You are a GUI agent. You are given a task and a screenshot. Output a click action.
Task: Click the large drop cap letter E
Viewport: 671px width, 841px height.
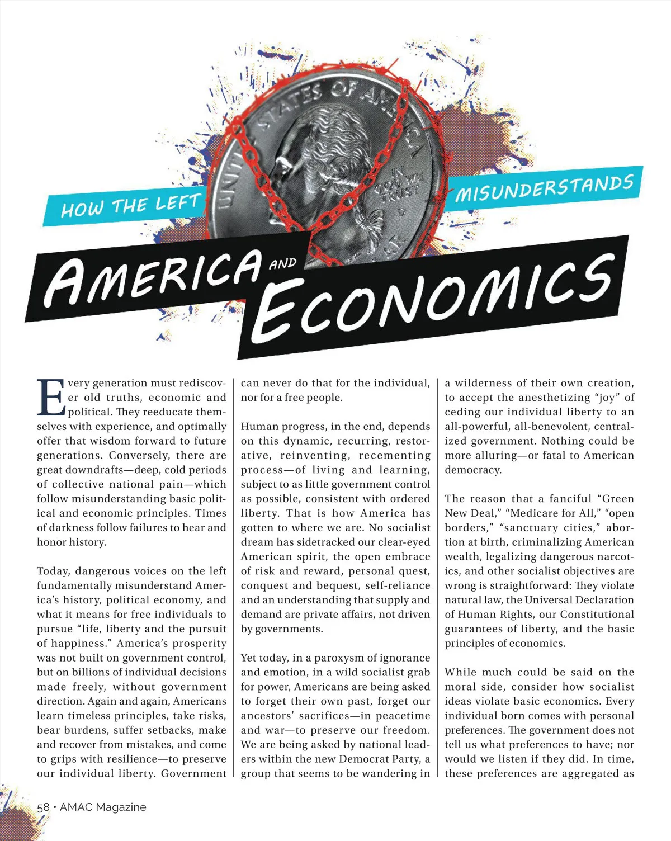pyautogui.click(x=51, y=398)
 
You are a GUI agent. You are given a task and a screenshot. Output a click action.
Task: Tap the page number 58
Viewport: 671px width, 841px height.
pyautogui.click(x=43, y=807)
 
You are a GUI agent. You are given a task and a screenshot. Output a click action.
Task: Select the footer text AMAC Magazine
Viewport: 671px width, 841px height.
pyautogui.click(x=103, y=807)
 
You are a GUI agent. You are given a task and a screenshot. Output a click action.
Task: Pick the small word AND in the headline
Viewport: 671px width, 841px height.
pyautogui.click(x=282, y=263)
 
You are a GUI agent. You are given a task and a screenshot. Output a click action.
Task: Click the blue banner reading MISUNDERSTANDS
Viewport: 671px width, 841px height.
pyautogui.click(x=544, y=188)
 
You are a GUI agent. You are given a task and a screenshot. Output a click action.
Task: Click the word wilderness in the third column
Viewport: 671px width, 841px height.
pyautogui.click(x=481, y=383)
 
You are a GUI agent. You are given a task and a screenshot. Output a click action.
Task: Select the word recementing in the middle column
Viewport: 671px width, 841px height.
pyautogui.click(x=395, y=455)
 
